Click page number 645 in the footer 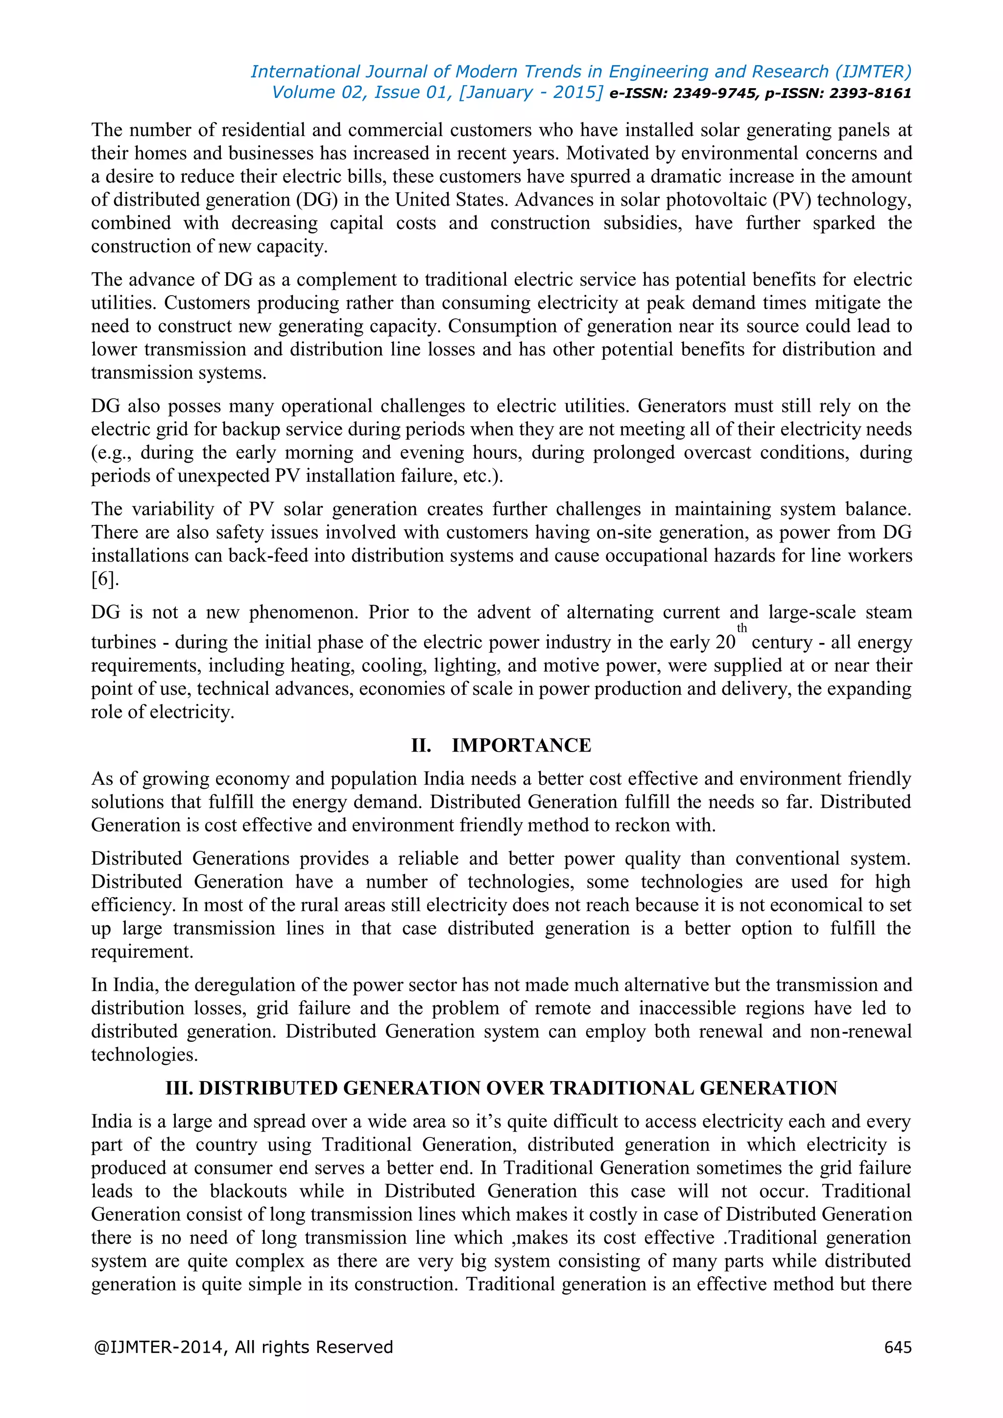897,1347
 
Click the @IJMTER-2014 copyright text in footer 243,1347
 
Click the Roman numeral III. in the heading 179,1088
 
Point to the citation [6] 104,579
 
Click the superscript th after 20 742,628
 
